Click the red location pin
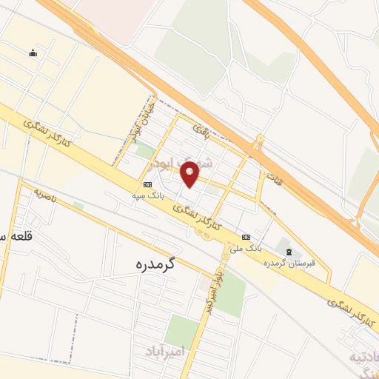(190, 172)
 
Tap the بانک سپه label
(147, 195)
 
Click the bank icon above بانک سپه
(147, 184)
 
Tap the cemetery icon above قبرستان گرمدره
(289, 252)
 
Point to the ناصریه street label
(47, 195)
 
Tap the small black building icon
(33, 53)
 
